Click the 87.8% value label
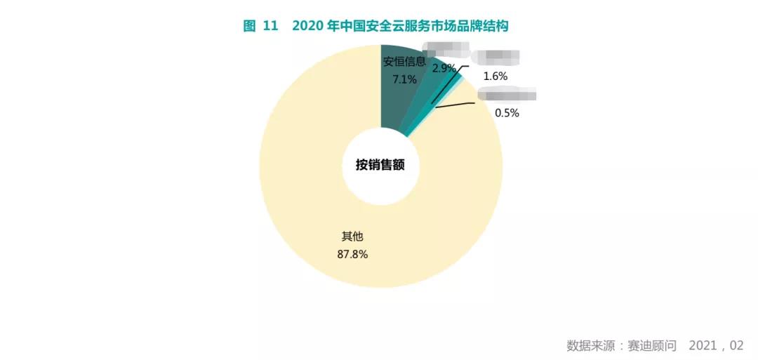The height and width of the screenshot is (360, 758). (352, 254)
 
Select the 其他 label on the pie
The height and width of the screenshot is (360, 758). (352, 236)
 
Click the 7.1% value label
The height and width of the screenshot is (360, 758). (404, 79)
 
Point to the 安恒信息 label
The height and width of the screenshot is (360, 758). (404, 61)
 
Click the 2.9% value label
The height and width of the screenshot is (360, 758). (444, 68)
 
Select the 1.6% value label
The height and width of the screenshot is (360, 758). (496, 76)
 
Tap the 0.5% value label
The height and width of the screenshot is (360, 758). (507, 112)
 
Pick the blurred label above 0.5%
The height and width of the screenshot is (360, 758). (507, 95)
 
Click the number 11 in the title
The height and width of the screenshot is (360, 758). (271, 26)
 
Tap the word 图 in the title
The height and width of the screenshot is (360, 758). (249, 26)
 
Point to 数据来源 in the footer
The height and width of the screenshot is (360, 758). (590, 345)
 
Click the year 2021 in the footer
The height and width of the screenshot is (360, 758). (703, 345)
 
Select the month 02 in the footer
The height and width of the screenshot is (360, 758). (736, 345)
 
